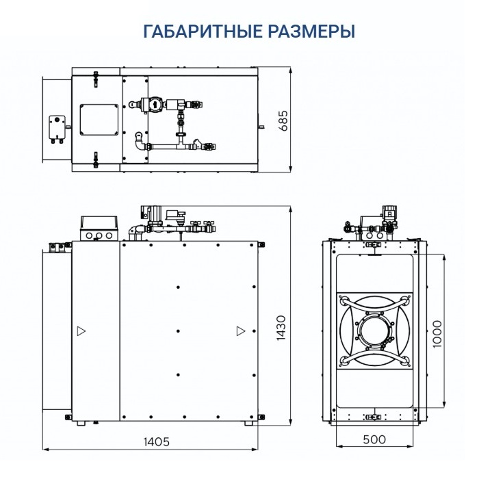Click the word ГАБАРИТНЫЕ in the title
pyautogui.click(x=203, y=31)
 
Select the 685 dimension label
pyautogui.click(x=283, y=120)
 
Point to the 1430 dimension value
pyautogui.click(x=281, y=328)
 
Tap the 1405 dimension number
pyautogui.click(x=156, y=441)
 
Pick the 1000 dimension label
pyautogui.click(x=437, y=334)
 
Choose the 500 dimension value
pyautogui.click(x=374, y=439)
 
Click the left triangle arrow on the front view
pyautogui.click(x=81, y=331)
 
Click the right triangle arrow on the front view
pyautogui.click(x=241, y=331)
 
